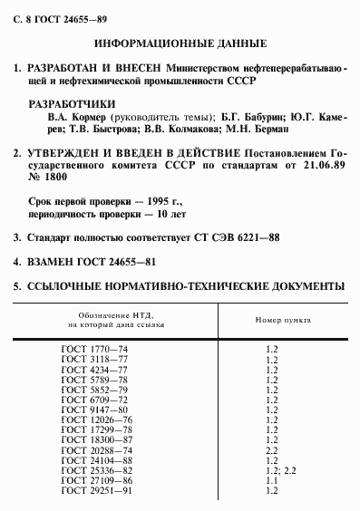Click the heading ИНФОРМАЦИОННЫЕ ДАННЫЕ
point(180,43)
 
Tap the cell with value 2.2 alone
point(271,450)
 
